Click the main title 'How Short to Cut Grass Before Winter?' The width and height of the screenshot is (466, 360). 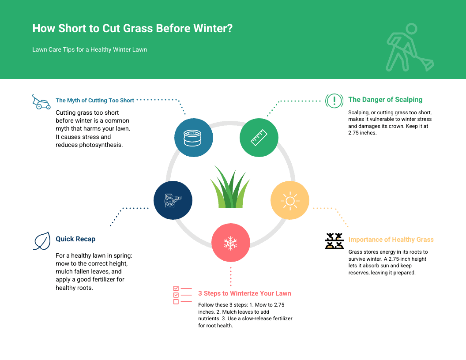pyautogui.click(x=132, y=28)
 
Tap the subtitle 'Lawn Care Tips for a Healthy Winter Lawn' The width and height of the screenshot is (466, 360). pyautogui.click(x=90, y=49)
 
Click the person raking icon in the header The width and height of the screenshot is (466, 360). pyautogui.click(x=409, y=48)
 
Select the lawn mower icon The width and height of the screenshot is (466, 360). pyautogui.click(x=41, y=102)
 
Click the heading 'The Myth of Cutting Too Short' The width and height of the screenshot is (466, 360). pyautogui.click(x=95, y=101)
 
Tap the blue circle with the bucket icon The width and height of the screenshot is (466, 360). pyautogui.click(x=193, y=138)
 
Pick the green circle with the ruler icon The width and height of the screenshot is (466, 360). pyautogui.click(x=259, y=138)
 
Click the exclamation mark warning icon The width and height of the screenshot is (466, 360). pyautogui.click(x=334, y=101)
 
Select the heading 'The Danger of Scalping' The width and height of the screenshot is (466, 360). pyautogui.click(x=385, y=100)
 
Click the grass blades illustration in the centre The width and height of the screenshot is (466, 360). pyautogui.click(x=230, y=187)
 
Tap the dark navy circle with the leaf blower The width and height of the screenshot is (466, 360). pyautogui.click(x=173, y=200)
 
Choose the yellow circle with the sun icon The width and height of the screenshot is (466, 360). pyautogui.click(x=290, y=200)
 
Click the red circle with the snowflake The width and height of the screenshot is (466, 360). pyautogui.click(x=231, y=243)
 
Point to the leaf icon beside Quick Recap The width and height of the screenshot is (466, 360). pyautogui.click(x=41, y=241)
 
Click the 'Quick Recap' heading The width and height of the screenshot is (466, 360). pyautogui.click(x=75, y=239)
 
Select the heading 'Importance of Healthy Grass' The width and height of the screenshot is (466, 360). pyautogui.click(x=391, y=240)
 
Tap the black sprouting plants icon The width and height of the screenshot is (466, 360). pyautogui.click(x=334, y=241)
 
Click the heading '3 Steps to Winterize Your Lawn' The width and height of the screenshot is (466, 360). pyautogui.click(x=244, y=293)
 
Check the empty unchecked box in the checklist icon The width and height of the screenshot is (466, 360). pyautogui.click(x=176, y=302)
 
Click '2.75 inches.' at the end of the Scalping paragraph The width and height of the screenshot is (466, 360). pyautogui.click(x=362, y=133)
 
